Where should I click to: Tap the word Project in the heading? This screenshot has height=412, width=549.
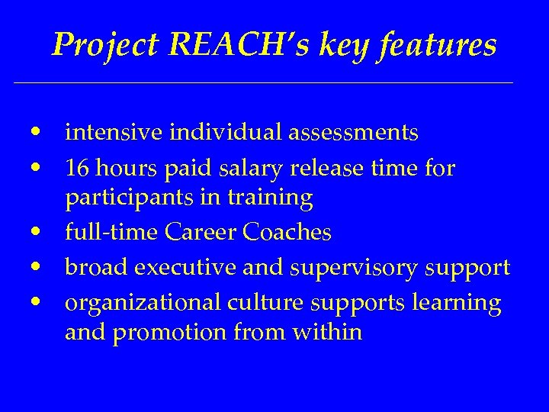click(x=104, y=46)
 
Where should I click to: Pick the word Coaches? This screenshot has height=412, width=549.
click(x=287, y=233)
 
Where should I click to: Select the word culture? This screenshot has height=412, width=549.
click(x=262, y=302)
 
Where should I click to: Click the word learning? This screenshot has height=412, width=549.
click(x=457, y=302)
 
